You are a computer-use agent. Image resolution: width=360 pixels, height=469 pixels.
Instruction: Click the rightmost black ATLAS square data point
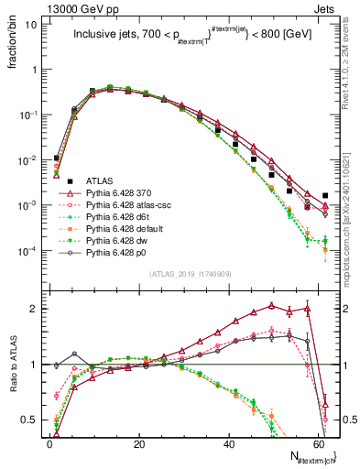click(326, 195)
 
